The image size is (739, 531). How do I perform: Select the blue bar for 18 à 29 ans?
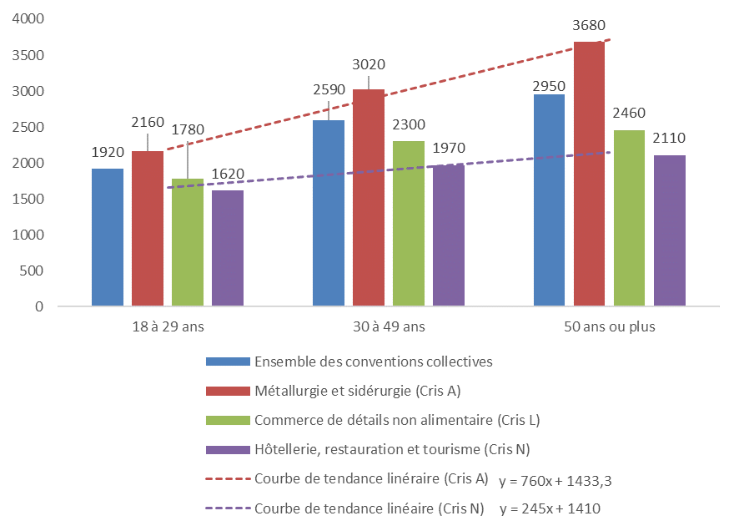coord(108,237)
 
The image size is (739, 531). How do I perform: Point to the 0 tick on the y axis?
coord(38,306)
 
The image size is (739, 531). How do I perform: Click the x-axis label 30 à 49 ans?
coord(389,327)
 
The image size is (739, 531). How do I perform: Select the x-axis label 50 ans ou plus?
coord(609,327)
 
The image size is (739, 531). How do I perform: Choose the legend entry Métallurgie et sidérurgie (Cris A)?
coord(358,391)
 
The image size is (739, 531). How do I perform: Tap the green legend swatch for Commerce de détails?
coord(228,420)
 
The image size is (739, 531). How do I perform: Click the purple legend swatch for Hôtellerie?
coord(228,449)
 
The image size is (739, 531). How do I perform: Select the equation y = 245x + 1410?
coord(550,508)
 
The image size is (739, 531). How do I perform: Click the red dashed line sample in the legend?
coord(228,479)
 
